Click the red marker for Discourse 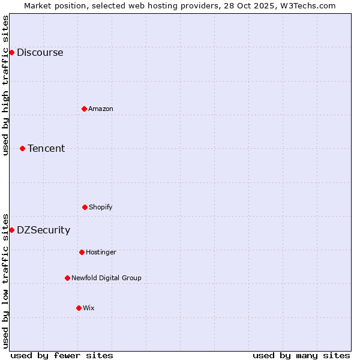pyautogui.click(x=11, y=52)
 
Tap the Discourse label pyautogui.click(x=40, y=53)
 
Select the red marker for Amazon pyautogui.click(x=84, y=109)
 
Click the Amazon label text pyautogui.click(x=101, y=109)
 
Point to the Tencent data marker pyautogui.click(x=22, y=148)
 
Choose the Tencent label pyautogui.click(x=46, y=149)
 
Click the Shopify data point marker pyautogui.click(x=85, y=207)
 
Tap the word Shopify pyautogui.click(x=101, y=208)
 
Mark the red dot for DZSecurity pyautogui.click(x=11, y=230)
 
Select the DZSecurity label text pyautogui.click(x=43, y=230)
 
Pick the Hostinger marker pyautogui.click(x=82, y=252)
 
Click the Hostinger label pyautogui.click(x=101, y=253)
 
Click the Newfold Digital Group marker pyautogui.click(x=67, y=278)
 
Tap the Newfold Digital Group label pyautogui.click(x=106, y=278)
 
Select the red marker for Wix pyautogui.click(x=79, y=308)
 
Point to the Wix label pyautogui.click(x=89, y=308)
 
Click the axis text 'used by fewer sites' pyautogui.click(x=62, y=355)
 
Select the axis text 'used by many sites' pyautogui.click(x=301, y=355)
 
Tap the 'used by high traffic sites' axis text pyautogui.click(x=6, y=85)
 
